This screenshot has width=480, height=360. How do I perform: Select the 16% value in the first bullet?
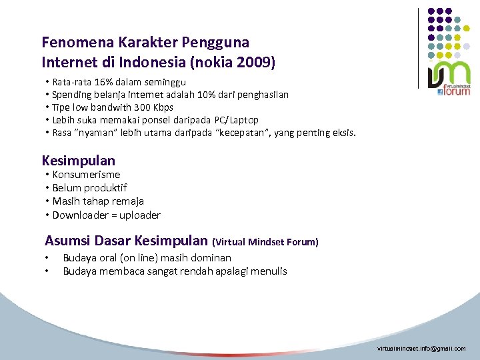point(103,82)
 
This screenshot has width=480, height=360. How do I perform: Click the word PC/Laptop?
point(236,120)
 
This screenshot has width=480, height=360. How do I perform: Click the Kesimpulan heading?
point(78,161)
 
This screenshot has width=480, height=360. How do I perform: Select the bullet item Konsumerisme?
point(86,175)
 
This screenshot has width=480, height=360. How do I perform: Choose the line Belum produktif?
point(89,188)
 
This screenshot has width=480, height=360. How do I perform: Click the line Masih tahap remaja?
point(98,201)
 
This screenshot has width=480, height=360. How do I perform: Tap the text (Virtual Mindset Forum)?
point(265,241)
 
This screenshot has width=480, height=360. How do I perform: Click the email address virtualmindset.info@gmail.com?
point(421,349)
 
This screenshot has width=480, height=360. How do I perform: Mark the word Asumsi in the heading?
point(65,240)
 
